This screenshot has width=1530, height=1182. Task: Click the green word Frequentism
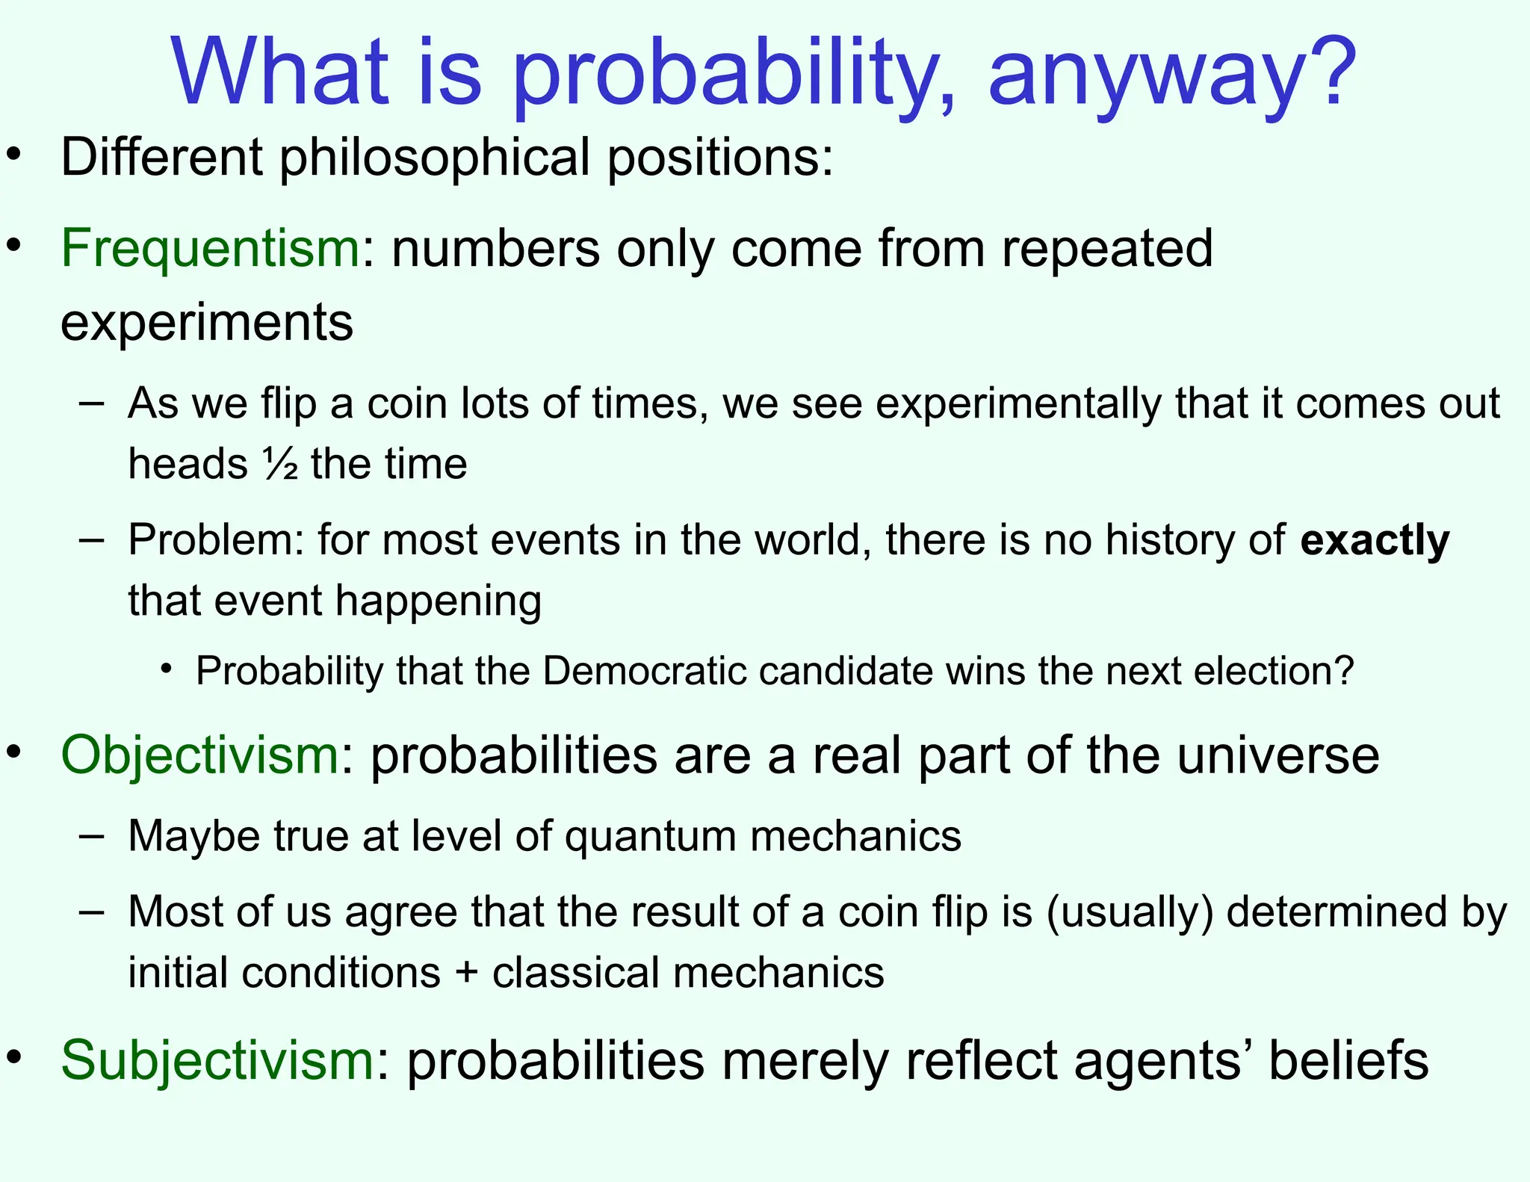tap(210, 248)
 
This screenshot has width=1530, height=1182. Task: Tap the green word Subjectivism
tap(217, 1059)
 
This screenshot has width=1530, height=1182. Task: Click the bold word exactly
tap(1375, 539)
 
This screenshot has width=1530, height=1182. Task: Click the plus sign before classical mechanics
tap(466, 973)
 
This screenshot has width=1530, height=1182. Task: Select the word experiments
tap(207, 323)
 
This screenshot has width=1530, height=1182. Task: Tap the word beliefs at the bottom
tap(1348, 1059)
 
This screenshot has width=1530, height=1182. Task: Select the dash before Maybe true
tap(91, 834)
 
